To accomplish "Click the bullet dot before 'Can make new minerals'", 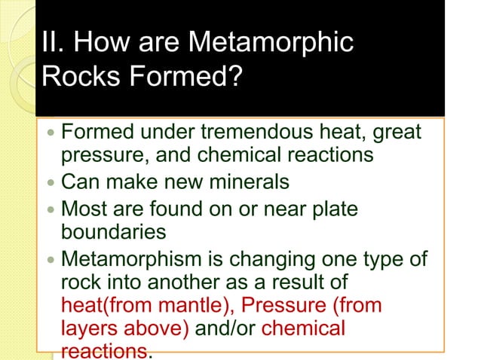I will (x=50, y=183).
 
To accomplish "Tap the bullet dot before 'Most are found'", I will (x=50, y=207).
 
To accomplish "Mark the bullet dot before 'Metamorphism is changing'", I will (x=50, y=259).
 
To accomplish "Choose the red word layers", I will (x=85, y=329).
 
